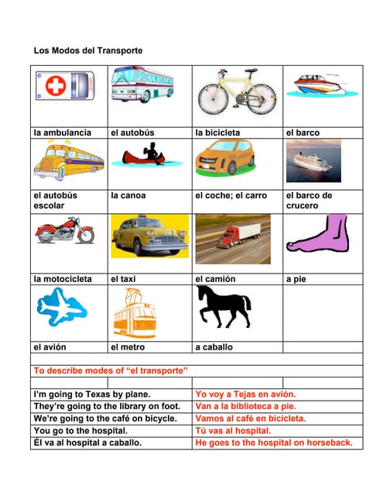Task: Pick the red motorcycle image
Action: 65,231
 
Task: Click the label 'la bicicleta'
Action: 217,133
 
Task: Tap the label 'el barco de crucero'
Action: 309,200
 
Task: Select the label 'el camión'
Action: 215,278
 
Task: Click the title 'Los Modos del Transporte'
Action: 88,50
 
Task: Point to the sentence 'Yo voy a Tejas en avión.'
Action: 245,394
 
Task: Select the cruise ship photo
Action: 313,161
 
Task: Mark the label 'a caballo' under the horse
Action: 214,347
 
